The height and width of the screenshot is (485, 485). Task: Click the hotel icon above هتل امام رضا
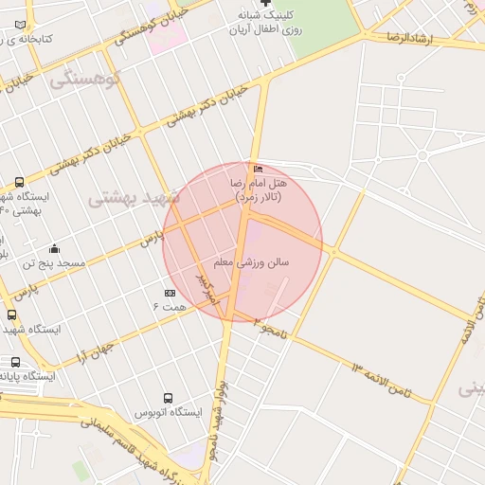pyautogui.click(x=259, y=169)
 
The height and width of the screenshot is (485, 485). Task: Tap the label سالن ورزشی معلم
pyautogui.click(x=251, y=261)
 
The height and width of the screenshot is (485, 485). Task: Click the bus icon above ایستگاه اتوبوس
pyautogui.click(x=168, y=399)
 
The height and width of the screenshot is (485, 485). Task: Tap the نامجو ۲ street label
pyautogui.click(x=269, y=327)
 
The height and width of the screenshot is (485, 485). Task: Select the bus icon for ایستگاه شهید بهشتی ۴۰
pyautogui.click(x=20, y=182)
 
